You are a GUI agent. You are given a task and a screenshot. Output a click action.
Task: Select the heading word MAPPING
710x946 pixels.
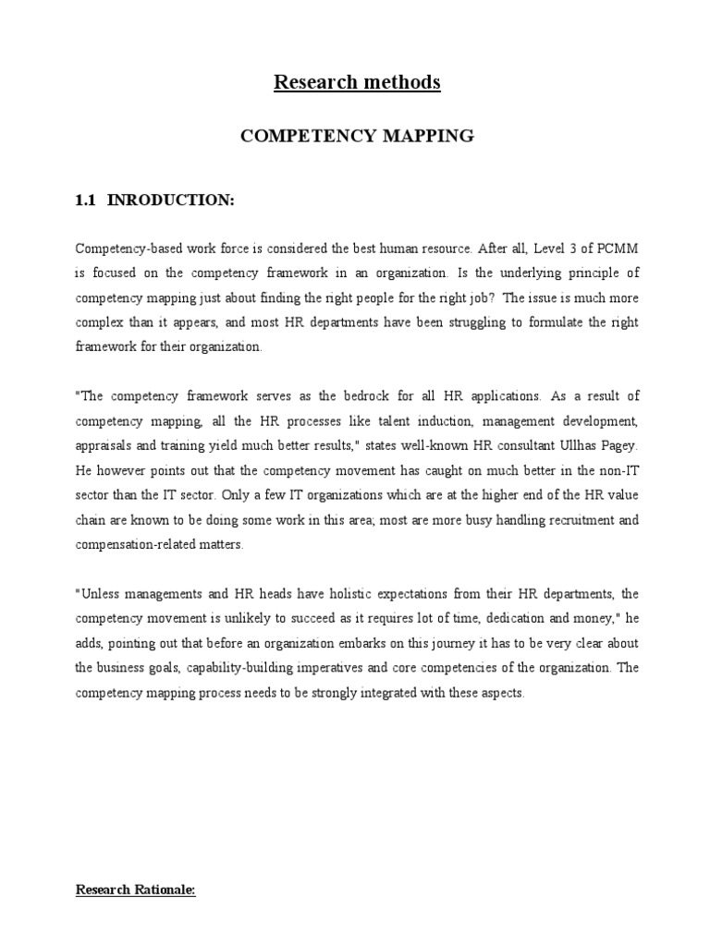pos(426,136)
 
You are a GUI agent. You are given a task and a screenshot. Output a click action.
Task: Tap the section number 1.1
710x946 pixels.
pos(86,200)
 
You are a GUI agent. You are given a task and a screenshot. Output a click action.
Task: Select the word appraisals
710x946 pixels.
pos(103,444)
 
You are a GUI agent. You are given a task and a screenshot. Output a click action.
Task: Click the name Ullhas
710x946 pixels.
pos(588,444)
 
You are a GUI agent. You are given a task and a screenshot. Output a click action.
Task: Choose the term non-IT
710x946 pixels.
pos(616,469)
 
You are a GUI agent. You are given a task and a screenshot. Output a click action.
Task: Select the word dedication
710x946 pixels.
pos(499,617)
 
